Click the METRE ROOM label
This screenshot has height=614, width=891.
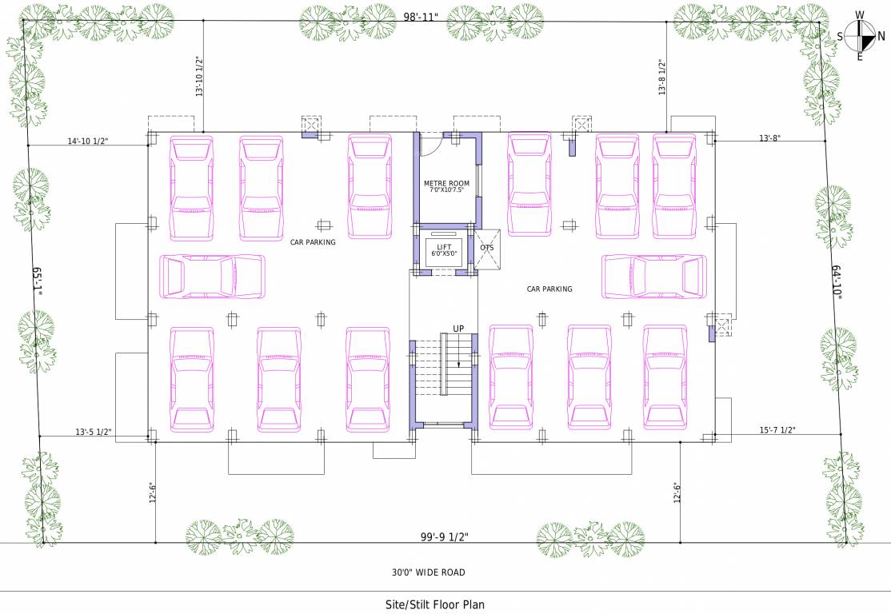click(x=446, y=184)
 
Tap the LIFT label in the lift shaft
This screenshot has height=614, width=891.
click(x=444, y=246)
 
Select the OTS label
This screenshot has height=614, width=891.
click(x=487, y=247)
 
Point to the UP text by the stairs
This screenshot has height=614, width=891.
click(x=458, y=329)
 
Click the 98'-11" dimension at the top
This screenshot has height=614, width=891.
click(x=420, y=17)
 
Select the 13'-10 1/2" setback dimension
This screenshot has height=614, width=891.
click(x=198, y=77)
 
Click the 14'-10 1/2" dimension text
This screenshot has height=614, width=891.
click(x=88, y=142)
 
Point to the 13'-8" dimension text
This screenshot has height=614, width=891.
click(x=769, y=138)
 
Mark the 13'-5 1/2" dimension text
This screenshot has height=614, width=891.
click(x=94, y=432)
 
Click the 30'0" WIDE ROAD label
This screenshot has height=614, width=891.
click(x=428, y=572)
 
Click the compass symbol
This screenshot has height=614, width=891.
click(x=861, y=36)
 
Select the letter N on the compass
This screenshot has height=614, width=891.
click(x=881, y=36)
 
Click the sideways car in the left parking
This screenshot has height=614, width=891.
click(x=212, y=277)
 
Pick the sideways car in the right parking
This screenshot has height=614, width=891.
click(x=654, y=277)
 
